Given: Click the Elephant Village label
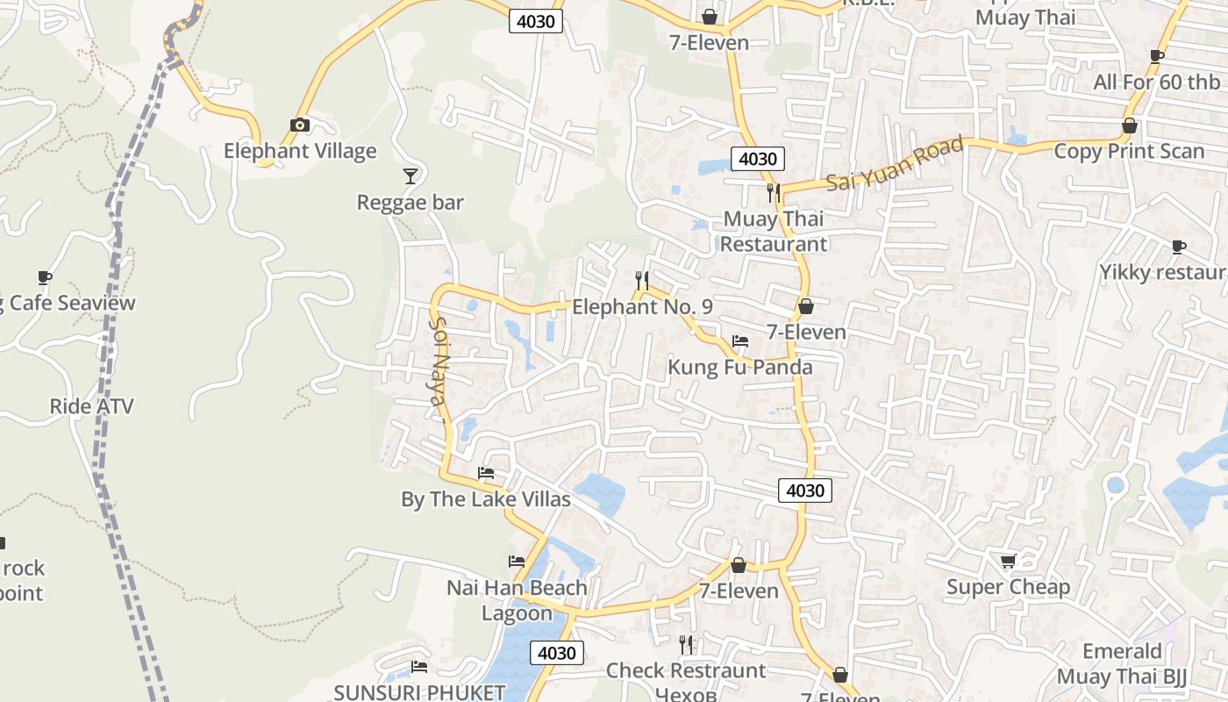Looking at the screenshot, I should (x=300, y=151).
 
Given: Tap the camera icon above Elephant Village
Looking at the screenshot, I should (x=300, y=125).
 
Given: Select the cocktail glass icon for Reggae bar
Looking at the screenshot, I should (x=410, y=176).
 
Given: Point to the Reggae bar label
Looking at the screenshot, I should (x=410, y=203).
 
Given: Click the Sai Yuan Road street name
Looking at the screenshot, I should (x=895, y=164).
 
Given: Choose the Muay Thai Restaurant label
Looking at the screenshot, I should (x=774, y=231).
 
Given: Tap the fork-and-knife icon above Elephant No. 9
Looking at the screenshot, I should (x=642, y=281).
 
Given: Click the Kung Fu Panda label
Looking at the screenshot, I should (x=740, y=367).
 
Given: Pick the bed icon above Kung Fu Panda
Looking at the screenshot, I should (x=740, y=341).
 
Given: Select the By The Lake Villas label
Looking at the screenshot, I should (x=486, y=499).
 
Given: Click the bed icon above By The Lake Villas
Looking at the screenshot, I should (x=486, y=473).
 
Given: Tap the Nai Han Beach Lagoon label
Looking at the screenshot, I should (x=517, y=600).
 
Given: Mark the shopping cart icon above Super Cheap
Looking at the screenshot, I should (x=1008, y=561).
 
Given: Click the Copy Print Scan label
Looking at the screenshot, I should (x=1129, y=151).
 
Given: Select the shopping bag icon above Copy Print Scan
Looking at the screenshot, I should (x=1129, y=125).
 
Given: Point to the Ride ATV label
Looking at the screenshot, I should (x=91, y=406).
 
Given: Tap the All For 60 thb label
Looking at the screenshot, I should (x=1156, y=82).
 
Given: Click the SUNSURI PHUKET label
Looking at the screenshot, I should (x=419, y=692).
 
